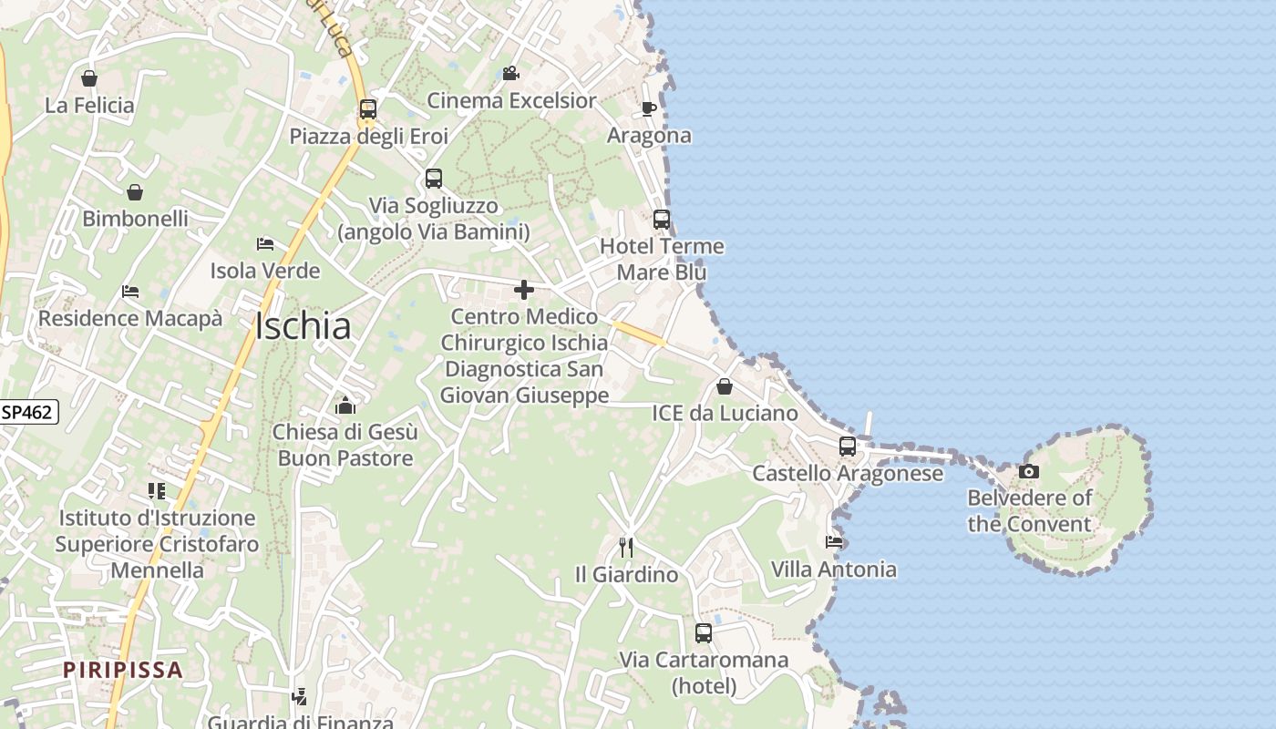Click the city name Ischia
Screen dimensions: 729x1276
pyautogui.click(x=303, y=326)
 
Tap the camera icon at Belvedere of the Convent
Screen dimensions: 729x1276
pyautogui.click(x=1029, y=471)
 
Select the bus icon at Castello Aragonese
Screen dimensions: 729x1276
pyautogui.click(x=848, y=447)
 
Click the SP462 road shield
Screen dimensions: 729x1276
pyautogui.click(x=26, y=412)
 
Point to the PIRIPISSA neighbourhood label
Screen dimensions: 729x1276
pyautogui.click(x=123, y=670)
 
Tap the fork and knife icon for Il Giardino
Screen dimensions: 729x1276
pyautogui.click(x=626, y=547)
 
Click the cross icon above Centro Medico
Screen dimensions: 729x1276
pyautogui.click(x=524, y=290)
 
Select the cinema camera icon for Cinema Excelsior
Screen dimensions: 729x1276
pyautogui.click(x=511, y=73)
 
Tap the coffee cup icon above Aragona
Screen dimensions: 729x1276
pyautogui.click(x=649, y=108)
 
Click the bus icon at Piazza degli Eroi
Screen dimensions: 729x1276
pyautogui.click(x=368, y=109)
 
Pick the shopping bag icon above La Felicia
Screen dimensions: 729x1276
pyautogui.click(x=89, y=78)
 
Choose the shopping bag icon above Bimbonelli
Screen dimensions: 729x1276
pyautogui.click(x=135, y=191)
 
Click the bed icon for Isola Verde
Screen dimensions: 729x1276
pyautogui.click(x=265, y=244)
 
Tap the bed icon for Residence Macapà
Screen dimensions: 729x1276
pyautogui.click(x=130, y=292)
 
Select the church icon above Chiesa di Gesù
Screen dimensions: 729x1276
pyautogui.click(x=345, y=405)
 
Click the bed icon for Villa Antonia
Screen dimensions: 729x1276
pyautogui.click(x=834, y=542)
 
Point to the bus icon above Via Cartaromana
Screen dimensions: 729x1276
pyautogui.click(x=704, y=632)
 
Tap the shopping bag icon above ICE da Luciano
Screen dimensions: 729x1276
pyautogui.click(x=725, y=386)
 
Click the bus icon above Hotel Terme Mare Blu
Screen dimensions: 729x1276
pyautogui.click(x=662, y=220)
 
